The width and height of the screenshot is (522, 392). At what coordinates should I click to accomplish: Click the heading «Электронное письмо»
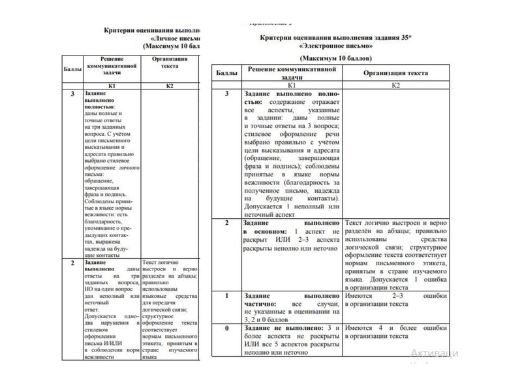(x=336, y=47)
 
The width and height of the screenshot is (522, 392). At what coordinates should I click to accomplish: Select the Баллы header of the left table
(x=72, y=68)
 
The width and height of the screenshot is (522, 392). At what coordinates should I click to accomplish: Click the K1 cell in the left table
(x=112, y=86)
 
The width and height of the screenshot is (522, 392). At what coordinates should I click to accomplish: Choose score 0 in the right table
(x=226, y=327)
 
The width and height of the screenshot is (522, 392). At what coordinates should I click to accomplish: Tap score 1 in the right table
(x=226, y=296)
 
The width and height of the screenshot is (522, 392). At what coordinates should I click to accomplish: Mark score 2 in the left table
(x=72, y=262)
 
